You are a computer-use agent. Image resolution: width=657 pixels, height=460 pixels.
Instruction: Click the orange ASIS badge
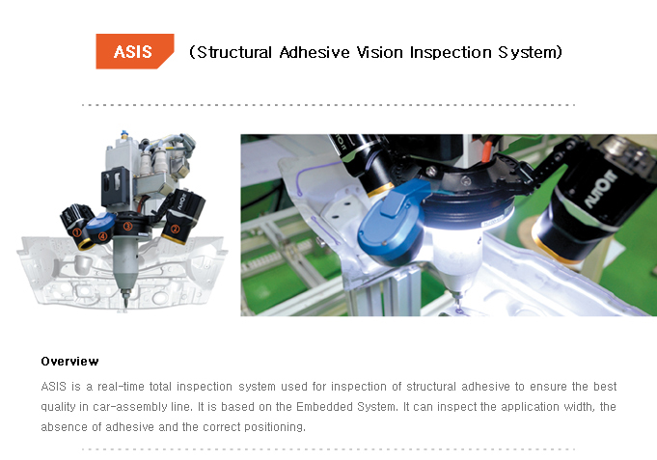click(134, 51)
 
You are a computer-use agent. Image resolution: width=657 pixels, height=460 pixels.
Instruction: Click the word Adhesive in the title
click(315, 52)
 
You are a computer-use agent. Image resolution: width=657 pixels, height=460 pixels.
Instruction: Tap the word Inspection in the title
click(451, 53)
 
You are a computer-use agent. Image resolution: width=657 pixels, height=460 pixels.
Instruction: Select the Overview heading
click(69, 361)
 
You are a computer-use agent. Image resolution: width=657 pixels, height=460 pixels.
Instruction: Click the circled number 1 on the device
click(76, 231)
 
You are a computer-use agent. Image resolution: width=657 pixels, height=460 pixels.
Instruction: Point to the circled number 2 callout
click(175, 229)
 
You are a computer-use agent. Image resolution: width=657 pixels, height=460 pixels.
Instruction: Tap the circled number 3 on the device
click(127, 226)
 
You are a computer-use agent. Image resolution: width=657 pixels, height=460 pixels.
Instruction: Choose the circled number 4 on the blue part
click(102, 235)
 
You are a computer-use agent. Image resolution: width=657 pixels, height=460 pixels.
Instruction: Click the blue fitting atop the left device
click(123, 134)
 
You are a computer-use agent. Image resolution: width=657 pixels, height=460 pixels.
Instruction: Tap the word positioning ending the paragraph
click(275, 427)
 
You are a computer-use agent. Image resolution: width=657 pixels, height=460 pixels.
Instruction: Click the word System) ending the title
click(530, 53)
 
